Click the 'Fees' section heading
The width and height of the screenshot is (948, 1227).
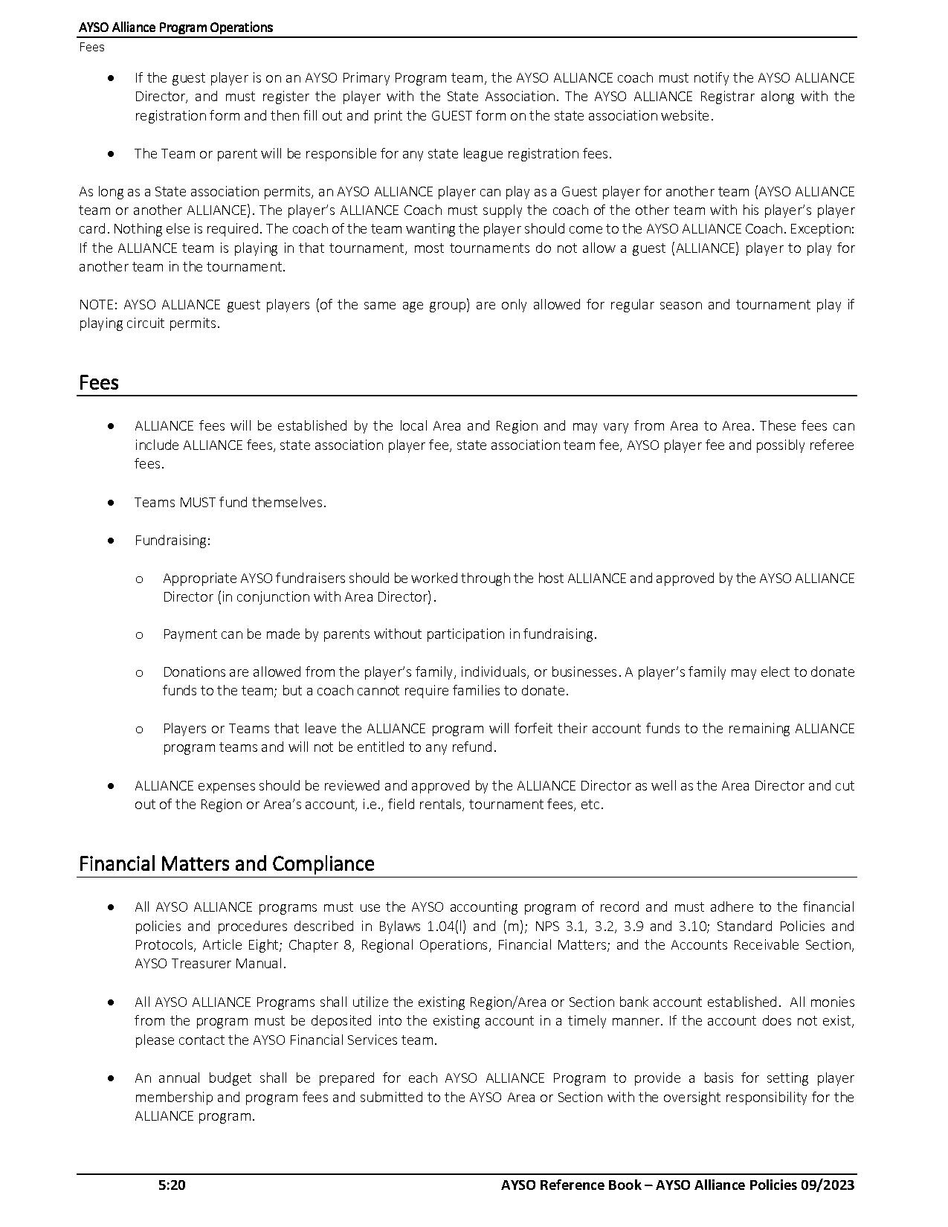[99, 383]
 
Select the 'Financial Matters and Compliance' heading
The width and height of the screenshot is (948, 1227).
[226, 864]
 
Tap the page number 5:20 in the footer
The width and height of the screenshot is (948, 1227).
[172, 1185]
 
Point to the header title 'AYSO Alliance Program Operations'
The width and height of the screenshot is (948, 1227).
[176, 28]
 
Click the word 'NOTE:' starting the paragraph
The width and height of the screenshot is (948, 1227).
[98, 305]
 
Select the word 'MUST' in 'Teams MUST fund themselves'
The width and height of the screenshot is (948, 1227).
[197, 503]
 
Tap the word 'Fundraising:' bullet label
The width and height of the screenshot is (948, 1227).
[172, 541]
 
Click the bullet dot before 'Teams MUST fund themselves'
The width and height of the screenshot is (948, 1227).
[112, 503]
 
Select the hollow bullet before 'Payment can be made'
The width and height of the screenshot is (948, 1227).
[139, 634]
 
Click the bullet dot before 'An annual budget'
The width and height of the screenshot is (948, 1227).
[112, 1078]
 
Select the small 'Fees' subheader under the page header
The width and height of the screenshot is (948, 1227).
[91, 48]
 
